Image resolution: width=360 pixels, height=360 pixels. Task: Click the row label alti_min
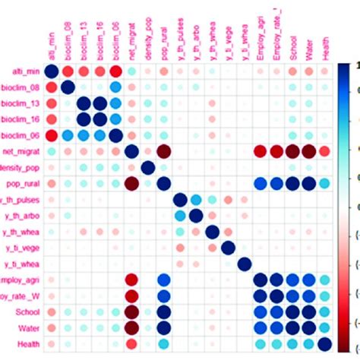coord(22,71)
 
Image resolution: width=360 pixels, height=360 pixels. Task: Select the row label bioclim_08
coord(19,87)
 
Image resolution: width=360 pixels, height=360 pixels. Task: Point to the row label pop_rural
coord(21,183)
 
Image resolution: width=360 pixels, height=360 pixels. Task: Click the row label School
coord(25,312)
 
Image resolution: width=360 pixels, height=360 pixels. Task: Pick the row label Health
coord(26,344)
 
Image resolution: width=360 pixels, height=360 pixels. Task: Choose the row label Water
coord(27,328)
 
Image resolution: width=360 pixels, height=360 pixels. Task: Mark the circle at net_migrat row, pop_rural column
coord(165,151)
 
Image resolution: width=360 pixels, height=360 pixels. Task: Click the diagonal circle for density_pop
coord(149,167)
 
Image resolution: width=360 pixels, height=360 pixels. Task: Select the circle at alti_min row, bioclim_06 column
coord(116,71)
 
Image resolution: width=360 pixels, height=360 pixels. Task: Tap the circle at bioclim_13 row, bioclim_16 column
coord(100,103)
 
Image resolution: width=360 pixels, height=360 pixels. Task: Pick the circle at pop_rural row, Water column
coord(309,184)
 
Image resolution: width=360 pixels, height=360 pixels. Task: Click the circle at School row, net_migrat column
coord(132,312)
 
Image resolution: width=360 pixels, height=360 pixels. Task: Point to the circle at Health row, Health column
coord(325,344)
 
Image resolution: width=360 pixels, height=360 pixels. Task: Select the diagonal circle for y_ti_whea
coord(245,264)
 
